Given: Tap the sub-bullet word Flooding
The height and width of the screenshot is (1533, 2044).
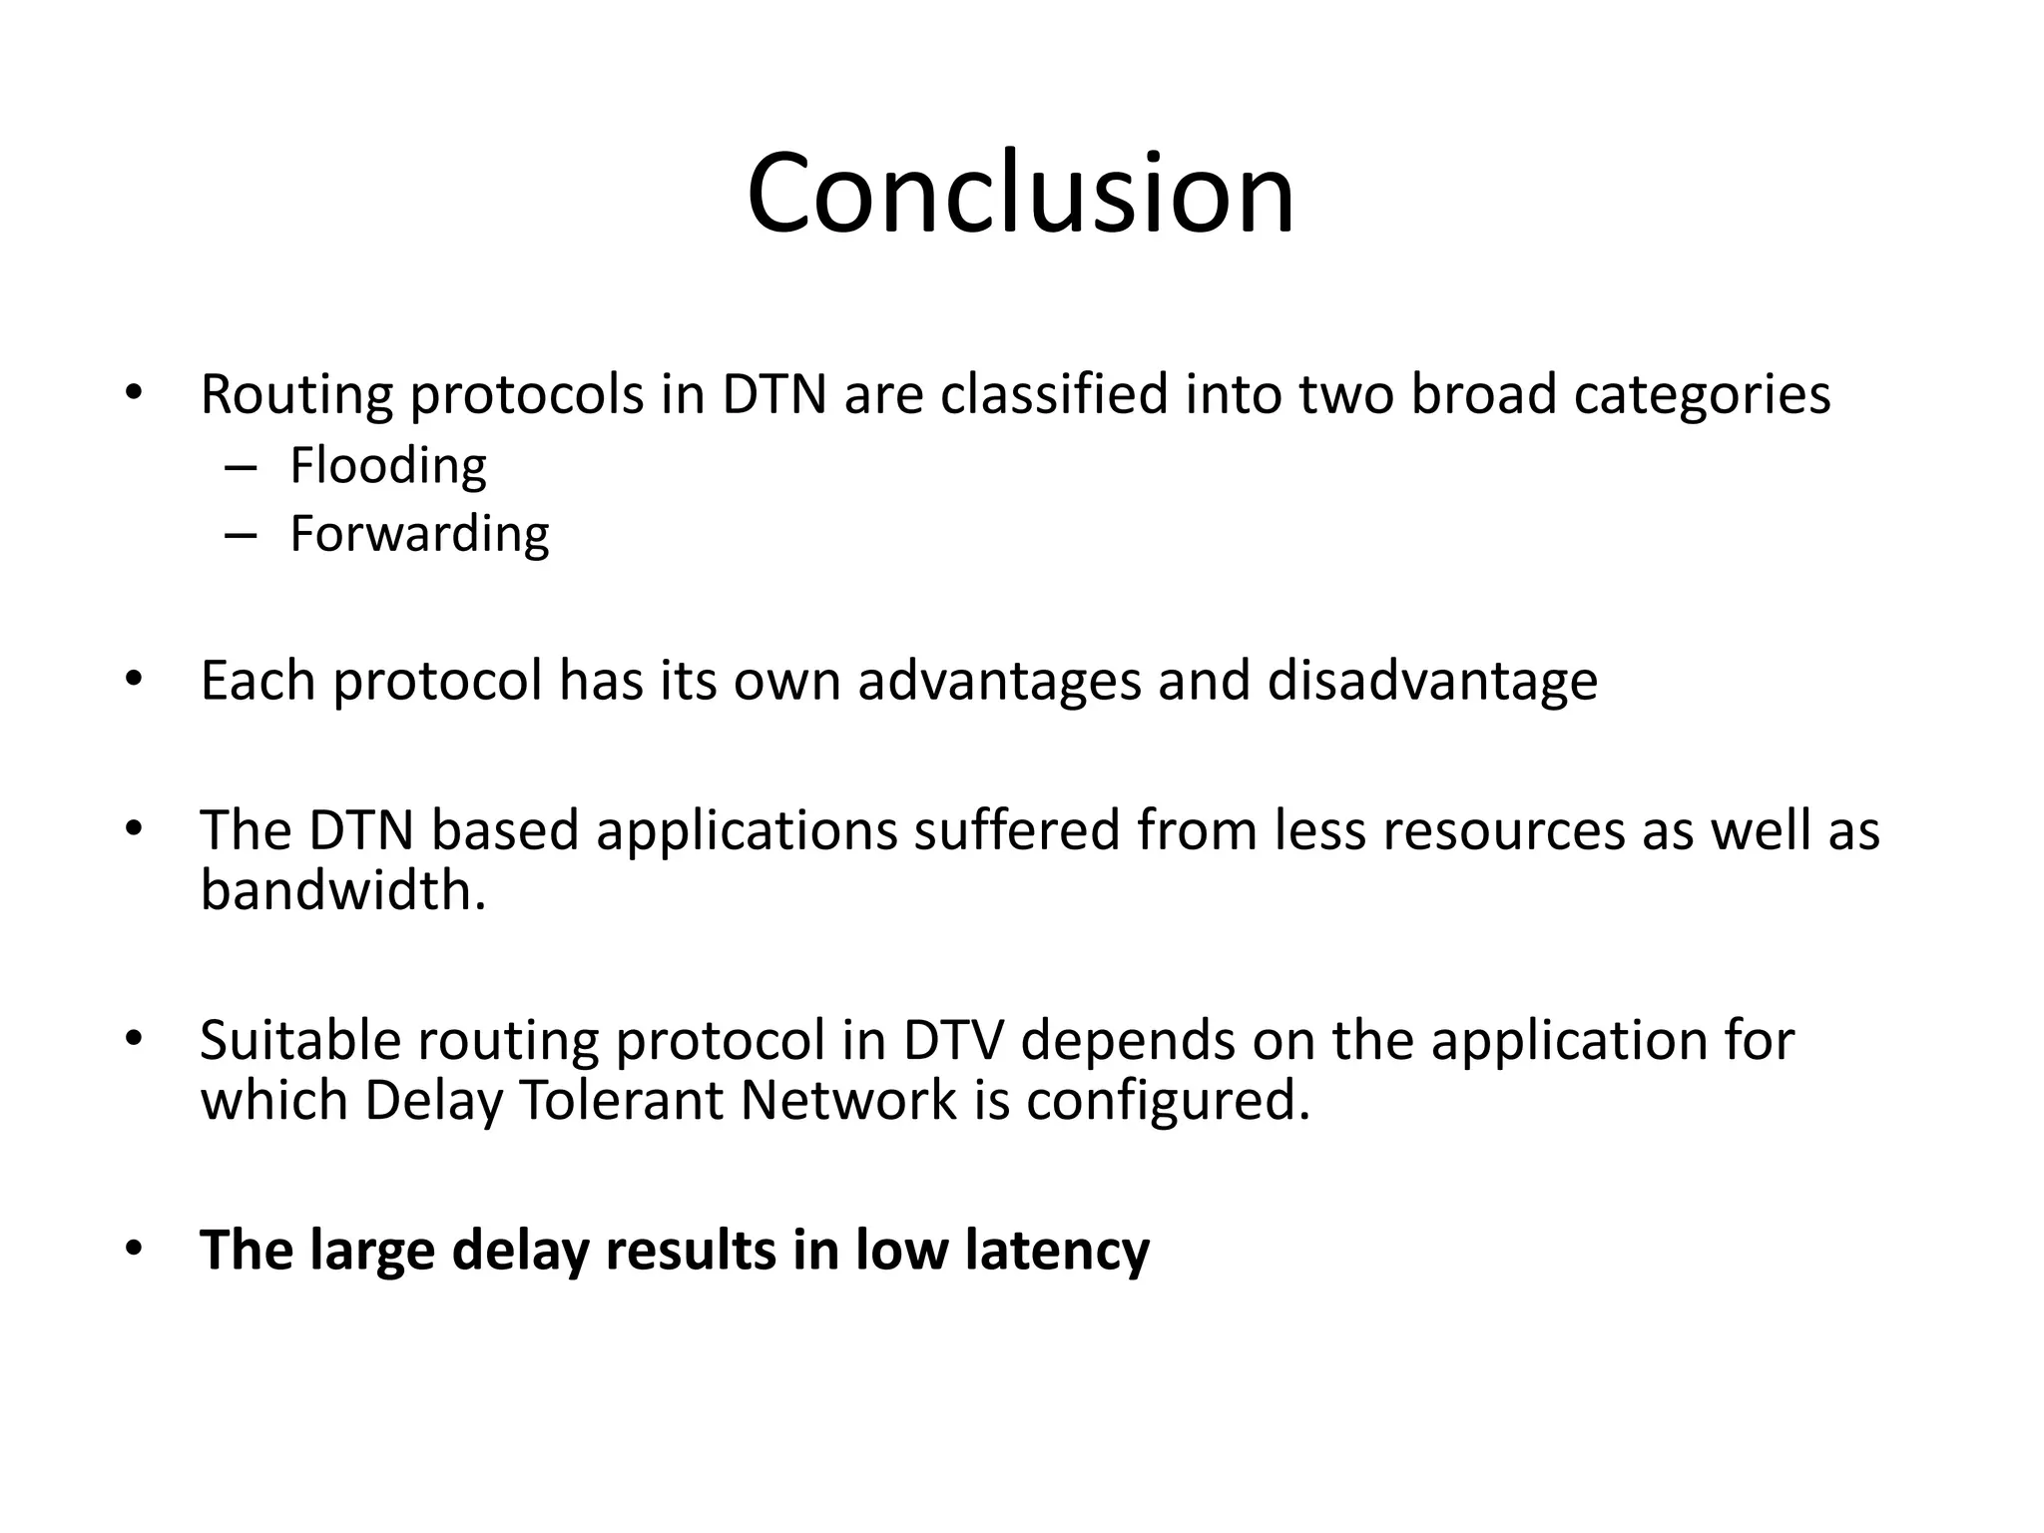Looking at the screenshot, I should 387,466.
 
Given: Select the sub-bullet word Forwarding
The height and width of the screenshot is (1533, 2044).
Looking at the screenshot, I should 419,535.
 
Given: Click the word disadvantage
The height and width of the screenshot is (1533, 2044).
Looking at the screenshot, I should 1432,682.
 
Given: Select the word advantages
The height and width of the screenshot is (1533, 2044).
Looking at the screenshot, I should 998,682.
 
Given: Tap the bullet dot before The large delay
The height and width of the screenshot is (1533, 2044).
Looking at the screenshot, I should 134,1250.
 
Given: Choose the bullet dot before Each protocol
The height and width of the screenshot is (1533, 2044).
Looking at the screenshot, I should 134,681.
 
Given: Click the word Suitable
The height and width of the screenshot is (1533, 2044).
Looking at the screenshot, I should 299,1040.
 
